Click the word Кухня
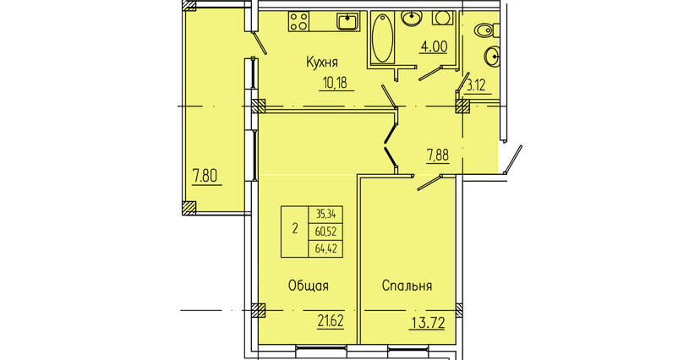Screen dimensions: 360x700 click(x=323, y=62)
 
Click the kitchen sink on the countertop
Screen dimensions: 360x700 click(x=346, y=20)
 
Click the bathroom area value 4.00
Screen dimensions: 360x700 click(x=434, y=46)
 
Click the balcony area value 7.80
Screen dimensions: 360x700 click(x=205, y=177)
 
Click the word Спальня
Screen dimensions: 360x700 click(x=407, y=286)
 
